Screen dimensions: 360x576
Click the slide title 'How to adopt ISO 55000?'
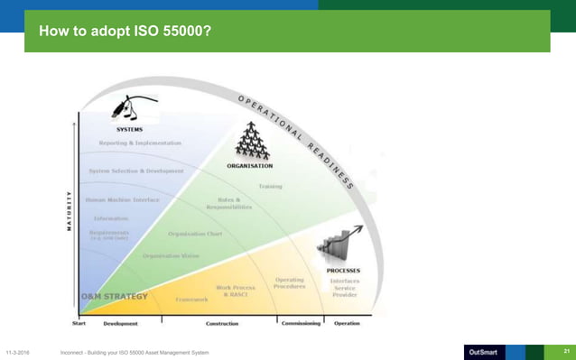coord(125,33)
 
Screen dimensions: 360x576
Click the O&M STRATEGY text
coord(111,296)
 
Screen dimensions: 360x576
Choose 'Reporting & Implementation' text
coord(140,143)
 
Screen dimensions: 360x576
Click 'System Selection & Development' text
coord(136,171)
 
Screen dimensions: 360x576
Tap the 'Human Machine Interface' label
coord(121,199)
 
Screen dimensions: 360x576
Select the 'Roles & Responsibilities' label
coord(234,204)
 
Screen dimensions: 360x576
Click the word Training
coord(270,187)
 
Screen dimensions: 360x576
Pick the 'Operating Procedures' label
coord(290,283)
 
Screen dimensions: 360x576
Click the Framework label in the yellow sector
coord(191,299)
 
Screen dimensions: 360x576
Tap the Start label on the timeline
coord(80,322)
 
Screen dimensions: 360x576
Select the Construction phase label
coord(222,323)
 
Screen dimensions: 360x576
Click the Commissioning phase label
coord(301,323)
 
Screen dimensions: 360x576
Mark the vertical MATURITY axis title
coord(70,211)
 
